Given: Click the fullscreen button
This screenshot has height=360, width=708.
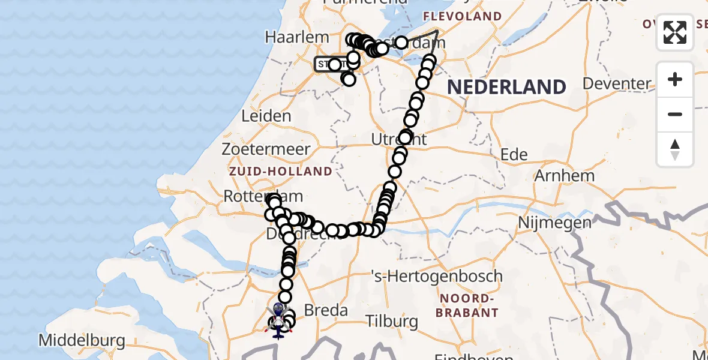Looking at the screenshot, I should (x=675, y=32).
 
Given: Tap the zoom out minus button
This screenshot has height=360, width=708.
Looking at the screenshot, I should (x=675, y=115).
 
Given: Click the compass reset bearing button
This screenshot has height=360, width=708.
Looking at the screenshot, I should (x=675, y=149).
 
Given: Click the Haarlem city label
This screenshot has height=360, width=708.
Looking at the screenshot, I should (x=297, y=37).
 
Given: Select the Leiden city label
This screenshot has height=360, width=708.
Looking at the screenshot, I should (x=266, y=116).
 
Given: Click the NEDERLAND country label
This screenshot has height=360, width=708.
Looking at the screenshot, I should (x=506, y=87).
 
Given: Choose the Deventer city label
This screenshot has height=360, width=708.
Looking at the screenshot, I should (x=617, y=83).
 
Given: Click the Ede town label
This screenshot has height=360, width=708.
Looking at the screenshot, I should (x=514, y=155).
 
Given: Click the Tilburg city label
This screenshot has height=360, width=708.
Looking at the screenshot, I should (x=393, y=321).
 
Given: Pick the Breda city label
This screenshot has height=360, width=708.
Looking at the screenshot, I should (x=326, y=310).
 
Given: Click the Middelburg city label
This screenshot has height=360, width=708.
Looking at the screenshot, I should (x=82, y=341).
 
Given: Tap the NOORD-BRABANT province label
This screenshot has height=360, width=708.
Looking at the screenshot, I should (x=467, y=305).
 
